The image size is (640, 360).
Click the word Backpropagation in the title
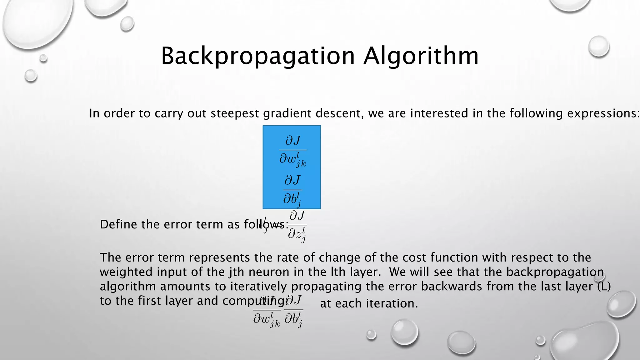click(x=258, y=56)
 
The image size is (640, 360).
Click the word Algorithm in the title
click(x=421, y=56)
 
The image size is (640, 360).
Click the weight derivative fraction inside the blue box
click(x=292, y=151)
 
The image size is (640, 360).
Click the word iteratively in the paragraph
click(x=259, y=286)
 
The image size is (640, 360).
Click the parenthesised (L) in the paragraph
click(x=604, y=286)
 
